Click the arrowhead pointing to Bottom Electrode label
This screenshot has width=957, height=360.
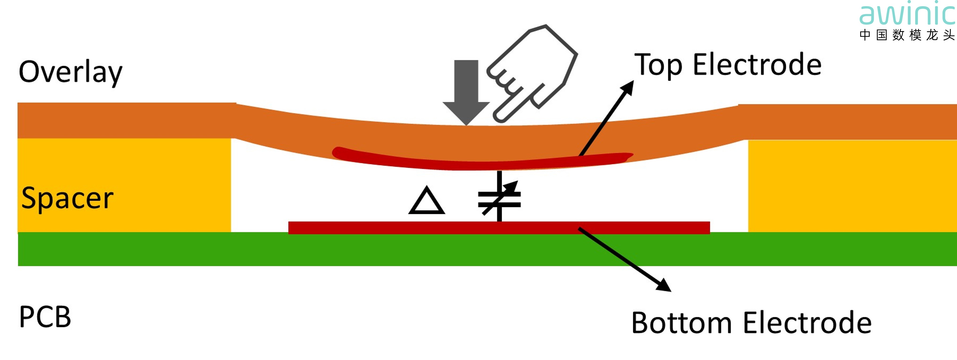(665, 286)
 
